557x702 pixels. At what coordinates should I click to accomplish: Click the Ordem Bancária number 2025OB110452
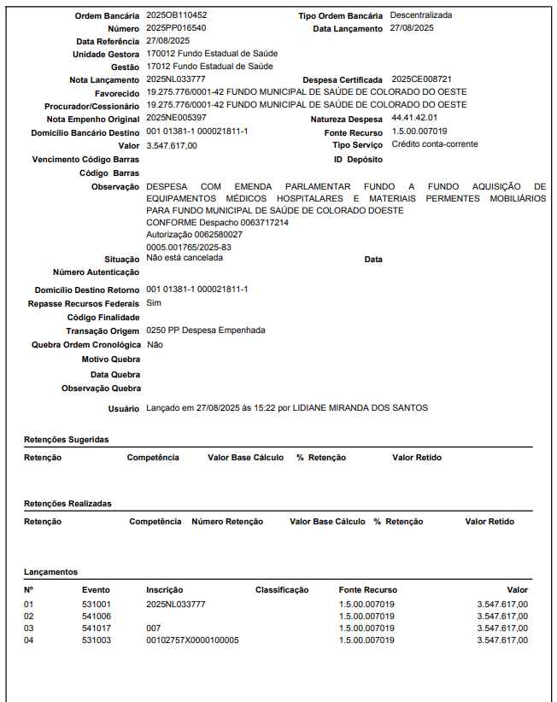point(177,15)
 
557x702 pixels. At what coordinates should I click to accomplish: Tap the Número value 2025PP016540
point(176,28)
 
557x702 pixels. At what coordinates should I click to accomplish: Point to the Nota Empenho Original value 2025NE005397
point(176,118)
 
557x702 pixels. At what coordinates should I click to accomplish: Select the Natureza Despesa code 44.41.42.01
point(414,118)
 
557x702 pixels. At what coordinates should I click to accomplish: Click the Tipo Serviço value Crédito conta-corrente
point(435,144)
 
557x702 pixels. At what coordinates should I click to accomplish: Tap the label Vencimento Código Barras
point(85,160)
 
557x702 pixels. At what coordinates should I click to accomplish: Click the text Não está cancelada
point(185,257)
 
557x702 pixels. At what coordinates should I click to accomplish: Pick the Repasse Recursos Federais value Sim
point(154,303)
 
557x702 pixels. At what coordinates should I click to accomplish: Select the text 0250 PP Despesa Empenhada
point(206,331)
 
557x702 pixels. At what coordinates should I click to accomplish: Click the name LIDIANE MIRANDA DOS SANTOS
point(360,408)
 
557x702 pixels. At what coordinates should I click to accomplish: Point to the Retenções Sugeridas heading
point(67,440)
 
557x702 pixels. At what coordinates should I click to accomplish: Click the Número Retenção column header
point(227,522)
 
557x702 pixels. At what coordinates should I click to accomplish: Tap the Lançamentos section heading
point(51,572)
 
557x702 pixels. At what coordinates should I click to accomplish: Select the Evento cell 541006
point(97,616)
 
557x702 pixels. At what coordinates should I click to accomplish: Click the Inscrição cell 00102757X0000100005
point(192,640)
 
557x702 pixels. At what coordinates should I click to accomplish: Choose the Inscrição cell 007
point(154,628)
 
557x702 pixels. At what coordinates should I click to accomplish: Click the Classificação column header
point(281,590)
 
